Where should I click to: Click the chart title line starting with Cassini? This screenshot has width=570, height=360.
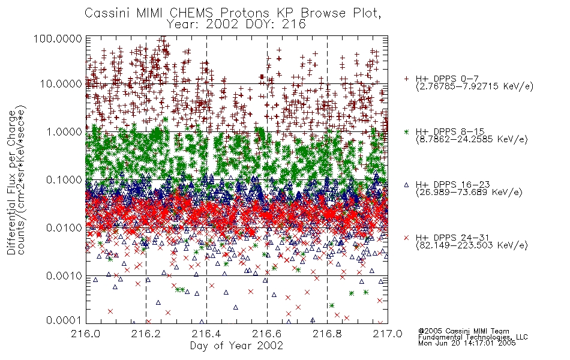233,13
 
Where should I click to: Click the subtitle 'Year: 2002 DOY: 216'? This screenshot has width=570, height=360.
236,25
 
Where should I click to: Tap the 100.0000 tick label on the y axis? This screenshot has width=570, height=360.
58,38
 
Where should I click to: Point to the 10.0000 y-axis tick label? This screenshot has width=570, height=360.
61,84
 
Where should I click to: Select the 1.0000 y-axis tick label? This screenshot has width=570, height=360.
64,131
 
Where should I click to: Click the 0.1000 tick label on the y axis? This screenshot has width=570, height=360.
64,179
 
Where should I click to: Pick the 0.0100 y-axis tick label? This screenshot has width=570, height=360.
64,227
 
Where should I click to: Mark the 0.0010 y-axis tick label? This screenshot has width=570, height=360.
64,275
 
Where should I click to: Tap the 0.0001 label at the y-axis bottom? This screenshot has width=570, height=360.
64,320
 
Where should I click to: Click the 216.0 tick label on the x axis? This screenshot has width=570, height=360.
86,334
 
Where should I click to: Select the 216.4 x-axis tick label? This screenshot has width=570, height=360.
206,334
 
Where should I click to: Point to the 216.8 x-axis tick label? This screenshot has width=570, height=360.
327,334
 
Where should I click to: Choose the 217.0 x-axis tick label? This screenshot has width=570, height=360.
388,334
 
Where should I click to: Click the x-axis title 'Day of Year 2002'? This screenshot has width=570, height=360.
236,346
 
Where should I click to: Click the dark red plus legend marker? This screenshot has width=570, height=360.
406,79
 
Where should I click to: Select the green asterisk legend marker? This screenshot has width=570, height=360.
406,131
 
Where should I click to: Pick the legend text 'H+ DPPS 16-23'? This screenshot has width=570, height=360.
453,184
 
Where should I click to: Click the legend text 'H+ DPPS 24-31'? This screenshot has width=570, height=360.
452,238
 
